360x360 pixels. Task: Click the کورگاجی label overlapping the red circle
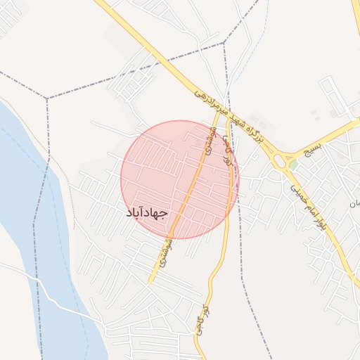227,150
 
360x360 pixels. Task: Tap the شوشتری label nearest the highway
208,141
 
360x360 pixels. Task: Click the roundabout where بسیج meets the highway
283,162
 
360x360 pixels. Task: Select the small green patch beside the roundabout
292,166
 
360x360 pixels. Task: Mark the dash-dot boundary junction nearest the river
47,98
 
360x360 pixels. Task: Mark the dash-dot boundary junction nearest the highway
224,42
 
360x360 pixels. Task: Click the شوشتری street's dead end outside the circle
149,283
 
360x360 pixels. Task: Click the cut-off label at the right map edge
355,203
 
